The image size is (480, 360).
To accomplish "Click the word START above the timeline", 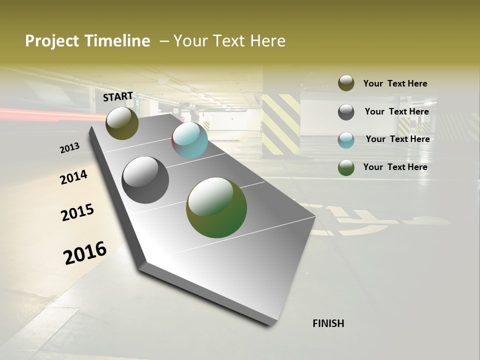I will click(x=118, y=96).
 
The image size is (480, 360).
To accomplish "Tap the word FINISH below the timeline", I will click(x=328, y=323).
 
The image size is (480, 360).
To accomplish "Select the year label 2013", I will click(x=70, y=148).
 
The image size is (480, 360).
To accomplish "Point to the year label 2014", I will click(x=74, y=177).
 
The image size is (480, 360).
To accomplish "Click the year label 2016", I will click(x=85, y=253).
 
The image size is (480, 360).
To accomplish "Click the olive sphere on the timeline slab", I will click(x=122, y=123).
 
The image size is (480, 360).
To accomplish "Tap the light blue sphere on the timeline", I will click(x=189, y=140).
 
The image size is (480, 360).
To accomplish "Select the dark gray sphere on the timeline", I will click(x=145, y=180).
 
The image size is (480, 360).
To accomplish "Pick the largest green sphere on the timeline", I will click(x=216, y=207).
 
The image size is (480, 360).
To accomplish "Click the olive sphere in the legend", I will click(x=346, y=83).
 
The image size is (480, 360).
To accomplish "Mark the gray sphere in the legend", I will click(x=346, y=112).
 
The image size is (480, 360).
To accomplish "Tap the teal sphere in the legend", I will click(x=346, y=140).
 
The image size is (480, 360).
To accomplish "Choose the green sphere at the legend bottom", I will click(x=346, y=167).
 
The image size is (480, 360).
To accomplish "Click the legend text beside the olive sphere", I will click(x=395, y=83).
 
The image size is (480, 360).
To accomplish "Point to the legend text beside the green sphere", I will click(x=395, y=167).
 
